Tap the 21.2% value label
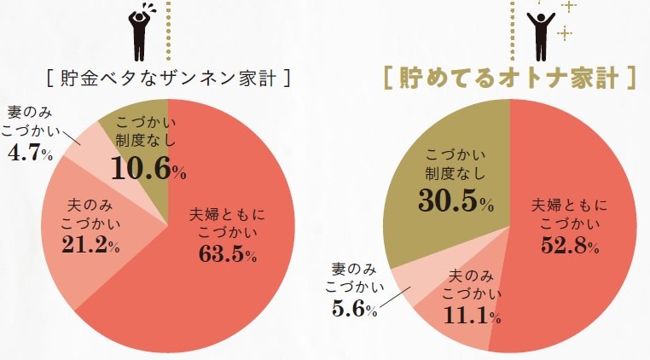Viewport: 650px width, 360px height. tap(92, 246)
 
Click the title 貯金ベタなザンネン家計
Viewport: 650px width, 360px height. tap(167, 78)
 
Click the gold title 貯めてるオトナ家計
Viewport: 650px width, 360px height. tap(509, 78)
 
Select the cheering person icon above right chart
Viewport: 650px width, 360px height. tap(538, 32)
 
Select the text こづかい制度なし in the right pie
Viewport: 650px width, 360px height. tap(456, 164)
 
